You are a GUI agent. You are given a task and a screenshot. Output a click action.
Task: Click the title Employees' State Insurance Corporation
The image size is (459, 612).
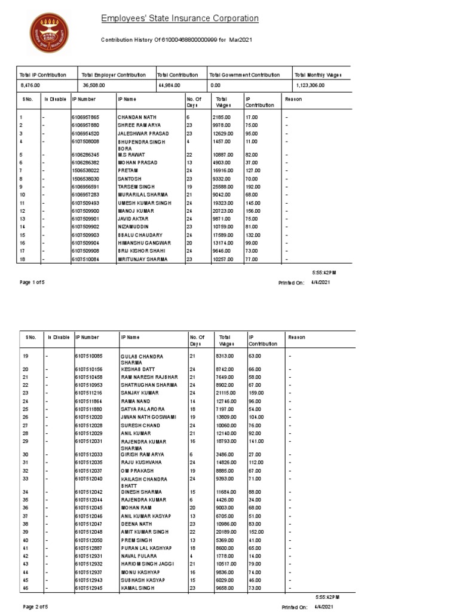pyautogui.click(x=179, y=19)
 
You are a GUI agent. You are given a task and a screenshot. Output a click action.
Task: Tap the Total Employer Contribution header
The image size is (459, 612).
pyautogui.click(x=114, y=75)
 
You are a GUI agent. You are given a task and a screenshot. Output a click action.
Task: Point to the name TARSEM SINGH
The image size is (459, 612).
pyautogui.click(x=136, y=186)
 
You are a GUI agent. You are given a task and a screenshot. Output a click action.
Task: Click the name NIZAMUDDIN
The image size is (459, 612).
pyautogui.click(x=135, y=227)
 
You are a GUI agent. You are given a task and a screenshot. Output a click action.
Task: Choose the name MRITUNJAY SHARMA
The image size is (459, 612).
pyautogui.click(x=143, y=260)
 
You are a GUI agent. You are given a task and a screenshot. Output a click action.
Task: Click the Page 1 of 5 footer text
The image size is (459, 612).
pyautogui.click(x=32, y=282)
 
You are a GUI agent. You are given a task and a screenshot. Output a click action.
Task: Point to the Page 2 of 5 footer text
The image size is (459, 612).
pyautogui.click(x=35, y=607)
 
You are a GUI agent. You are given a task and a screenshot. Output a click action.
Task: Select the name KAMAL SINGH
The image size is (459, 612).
pyautogui.click(x=137, y=587)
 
